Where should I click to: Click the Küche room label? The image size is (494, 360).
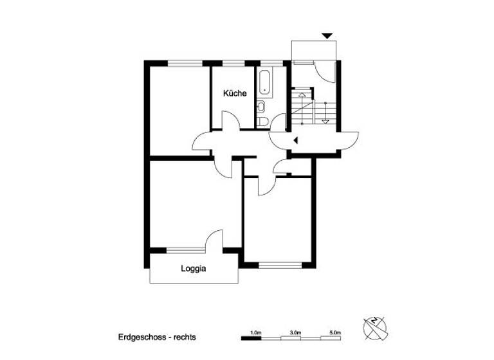235,94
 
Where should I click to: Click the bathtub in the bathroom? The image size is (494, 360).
264,82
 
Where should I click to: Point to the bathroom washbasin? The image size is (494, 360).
261,107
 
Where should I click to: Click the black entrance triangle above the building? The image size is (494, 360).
328,36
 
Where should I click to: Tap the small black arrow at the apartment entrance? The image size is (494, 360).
295,139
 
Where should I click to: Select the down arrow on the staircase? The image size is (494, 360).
325,120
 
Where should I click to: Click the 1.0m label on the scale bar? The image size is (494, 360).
256,332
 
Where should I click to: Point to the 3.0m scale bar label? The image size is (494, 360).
295,332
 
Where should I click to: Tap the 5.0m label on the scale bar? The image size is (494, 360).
334,332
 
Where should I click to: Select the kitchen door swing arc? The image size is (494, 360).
230,120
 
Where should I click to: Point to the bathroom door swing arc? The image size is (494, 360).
279,122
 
